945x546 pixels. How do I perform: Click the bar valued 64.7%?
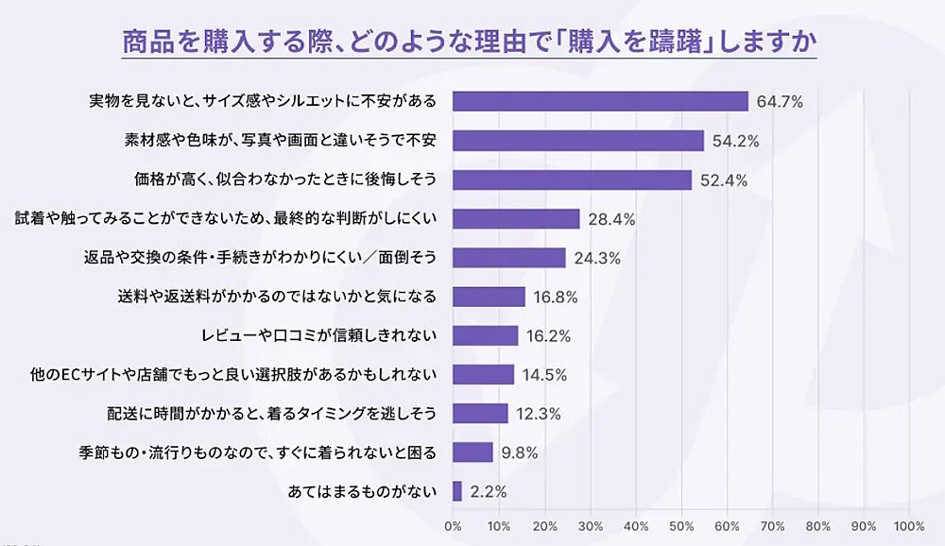point(600,101)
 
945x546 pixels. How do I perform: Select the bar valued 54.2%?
point(578,141)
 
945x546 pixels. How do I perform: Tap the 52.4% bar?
point(573,179)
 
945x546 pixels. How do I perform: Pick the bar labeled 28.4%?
point(516,219)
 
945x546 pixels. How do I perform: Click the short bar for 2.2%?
point(457,491)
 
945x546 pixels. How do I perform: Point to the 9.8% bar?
point(473,452)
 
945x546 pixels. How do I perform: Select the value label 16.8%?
point(555,297)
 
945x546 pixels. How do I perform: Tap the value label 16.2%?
point(548,335)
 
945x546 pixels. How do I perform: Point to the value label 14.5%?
point(544,375)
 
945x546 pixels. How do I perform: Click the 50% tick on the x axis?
point(681,525)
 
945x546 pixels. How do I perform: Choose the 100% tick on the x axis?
point(909,525)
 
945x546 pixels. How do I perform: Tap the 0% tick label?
point(453,525)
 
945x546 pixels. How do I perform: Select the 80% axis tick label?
point(818,525)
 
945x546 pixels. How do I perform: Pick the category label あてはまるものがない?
point(361,491)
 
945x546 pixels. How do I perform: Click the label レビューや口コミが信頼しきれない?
point(318,335)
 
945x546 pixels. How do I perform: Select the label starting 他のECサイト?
point(233,375)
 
